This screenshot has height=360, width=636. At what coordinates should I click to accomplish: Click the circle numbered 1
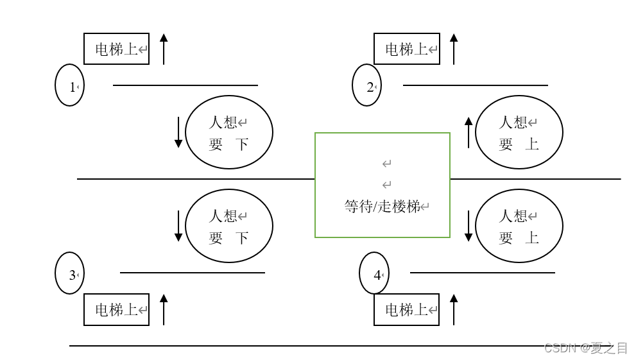click(69, 85)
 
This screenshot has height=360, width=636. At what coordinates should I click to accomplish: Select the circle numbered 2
click(366, 85)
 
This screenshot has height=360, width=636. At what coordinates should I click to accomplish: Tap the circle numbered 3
click(69, 273)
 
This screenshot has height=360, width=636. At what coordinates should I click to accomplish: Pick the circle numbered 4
click(374, 273)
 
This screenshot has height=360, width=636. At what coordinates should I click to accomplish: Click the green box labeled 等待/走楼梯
click(382, 185)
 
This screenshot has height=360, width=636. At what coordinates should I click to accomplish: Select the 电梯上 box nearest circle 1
click(117, 49)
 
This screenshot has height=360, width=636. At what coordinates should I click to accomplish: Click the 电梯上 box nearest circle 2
click(407, 49)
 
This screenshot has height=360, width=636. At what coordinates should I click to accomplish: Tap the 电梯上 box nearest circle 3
click(117, 309)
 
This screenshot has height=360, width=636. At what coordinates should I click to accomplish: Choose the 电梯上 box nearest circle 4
click(407, 309)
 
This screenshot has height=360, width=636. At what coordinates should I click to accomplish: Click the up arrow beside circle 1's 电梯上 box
click(164, 49)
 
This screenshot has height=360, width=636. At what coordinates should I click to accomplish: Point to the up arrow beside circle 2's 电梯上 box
click(454, 49)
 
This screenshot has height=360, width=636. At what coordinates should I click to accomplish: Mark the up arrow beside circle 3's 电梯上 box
click(164, 309)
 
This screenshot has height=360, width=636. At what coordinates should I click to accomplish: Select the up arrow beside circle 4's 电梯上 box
click(454, 309)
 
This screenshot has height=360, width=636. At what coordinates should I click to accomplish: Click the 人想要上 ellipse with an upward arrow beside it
click(519, 132)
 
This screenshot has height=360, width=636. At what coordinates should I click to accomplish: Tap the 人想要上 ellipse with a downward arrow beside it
click(519, 226)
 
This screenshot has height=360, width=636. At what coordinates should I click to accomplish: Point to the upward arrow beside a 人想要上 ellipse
click(468, 132)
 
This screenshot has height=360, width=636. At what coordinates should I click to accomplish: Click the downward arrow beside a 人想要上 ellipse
click(468, 226)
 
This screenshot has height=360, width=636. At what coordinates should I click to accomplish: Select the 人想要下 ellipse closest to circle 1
click(229, 132)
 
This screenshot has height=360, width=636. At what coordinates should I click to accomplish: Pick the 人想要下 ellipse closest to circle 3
click(229, 226)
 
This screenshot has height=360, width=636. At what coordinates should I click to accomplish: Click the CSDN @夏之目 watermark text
click(585, 348)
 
